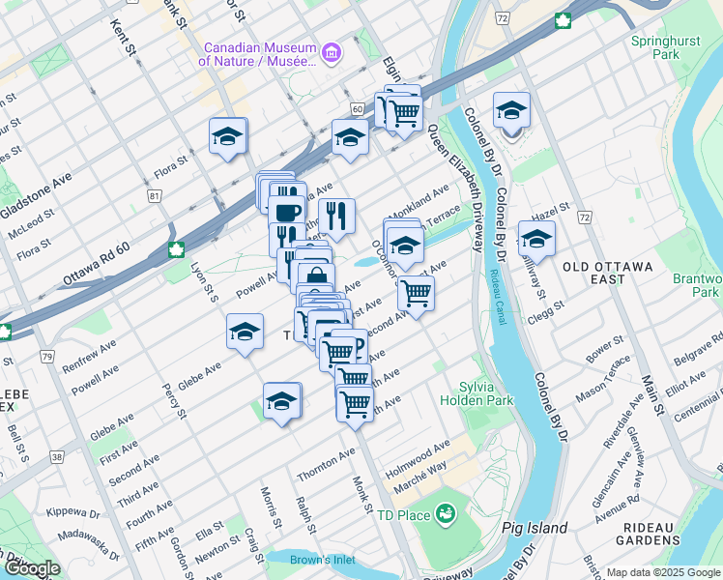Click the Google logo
(31, 568)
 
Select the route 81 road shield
(155, 196)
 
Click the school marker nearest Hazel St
(535, 238)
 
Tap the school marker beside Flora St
(227, 136)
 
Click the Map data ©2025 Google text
(662, 572)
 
